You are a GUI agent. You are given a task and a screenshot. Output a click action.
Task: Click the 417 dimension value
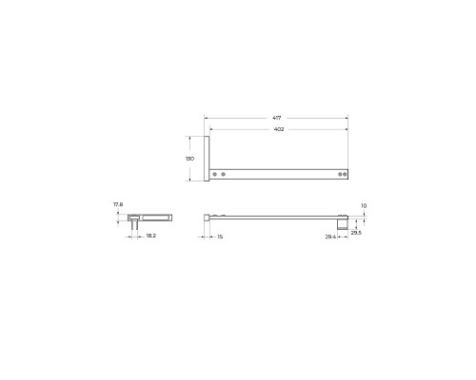[276, 118]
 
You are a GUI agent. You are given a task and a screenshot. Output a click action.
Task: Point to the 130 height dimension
[190, 159]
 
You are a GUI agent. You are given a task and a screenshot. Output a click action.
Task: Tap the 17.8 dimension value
[118, 204]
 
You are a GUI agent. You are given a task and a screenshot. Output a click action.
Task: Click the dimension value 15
[220, 236]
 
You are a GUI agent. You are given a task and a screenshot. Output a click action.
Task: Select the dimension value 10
[364, 204]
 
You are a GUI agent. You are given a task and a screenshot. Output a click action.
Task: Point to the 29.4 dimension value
[330, 236]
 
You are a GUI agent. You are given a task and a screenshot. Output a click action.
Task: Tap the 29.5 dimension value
[356, 231]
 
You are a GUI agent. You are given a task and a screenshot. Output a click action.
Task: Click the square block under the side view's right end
[343, 224]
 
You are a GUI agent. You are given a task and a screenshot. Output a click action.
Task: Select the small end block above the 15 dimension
[207, 217]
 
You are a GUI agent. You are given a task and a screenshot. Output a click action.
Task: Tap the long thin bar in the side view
[276, 216]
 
